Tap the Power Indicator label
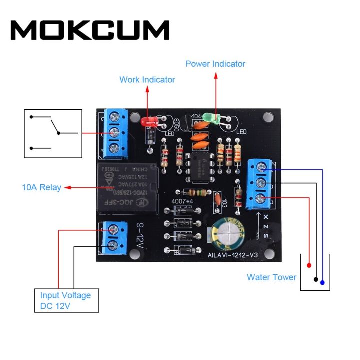(x=215, y=64)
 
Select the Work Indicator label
(x=147, y=79)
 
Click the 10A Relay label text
(x=41, y=188)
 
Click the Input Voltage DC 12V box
(x=66, y=300)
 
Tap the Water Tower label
(x=271, y=277)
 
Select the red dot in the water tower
(x=309, y=265)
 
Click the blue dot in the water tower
(x=322, y=283)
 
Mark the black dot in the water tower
(x=316, y=279)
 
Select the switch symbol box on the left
(x=52, y=133)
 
